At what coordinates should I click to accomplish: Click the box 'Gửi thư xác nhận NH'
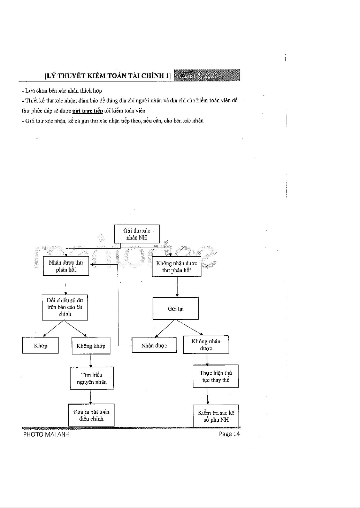coord(137,234)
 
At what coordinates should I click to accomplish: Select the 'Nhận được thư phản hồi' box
coord(66,266)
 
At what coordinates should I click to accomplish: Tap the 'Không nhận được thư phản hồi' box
coord(176,267)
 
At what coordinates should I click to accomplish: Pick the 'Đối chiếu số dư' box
coord(65,307)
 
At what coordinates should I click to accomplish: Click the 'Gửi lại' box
coord(175,308)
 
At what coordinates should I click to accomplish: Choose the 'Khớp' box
coord(40,345)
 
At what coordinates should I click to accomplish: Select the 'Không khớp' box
coord(91,346)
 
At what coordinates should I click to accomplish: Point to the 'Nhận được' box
coord(154,345)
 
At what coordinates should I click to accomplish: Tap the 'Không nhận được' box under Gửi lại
coord(206,345)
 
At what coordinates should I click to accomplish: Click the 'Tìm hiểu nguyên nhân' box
coord(92,378)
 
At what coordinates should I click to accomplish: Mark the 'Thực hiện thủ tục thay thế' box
coord(216,376)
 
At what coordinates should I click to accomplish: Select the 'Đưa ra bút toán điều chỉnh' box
coord(91,415)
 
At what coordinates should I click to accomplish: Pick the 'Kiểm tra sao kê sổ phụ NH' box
coord(216,416)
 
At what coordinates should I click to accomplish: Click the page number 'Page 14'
coord(229,434)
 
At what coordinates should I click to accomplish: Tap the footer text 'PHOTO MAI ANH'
coord(46,434)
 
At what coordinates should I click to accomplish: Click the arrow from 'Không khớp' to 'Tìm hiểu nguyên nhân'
coord(91,360)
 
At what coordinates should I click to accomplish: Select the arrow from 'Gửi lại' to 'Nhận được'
coord(164,329)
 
